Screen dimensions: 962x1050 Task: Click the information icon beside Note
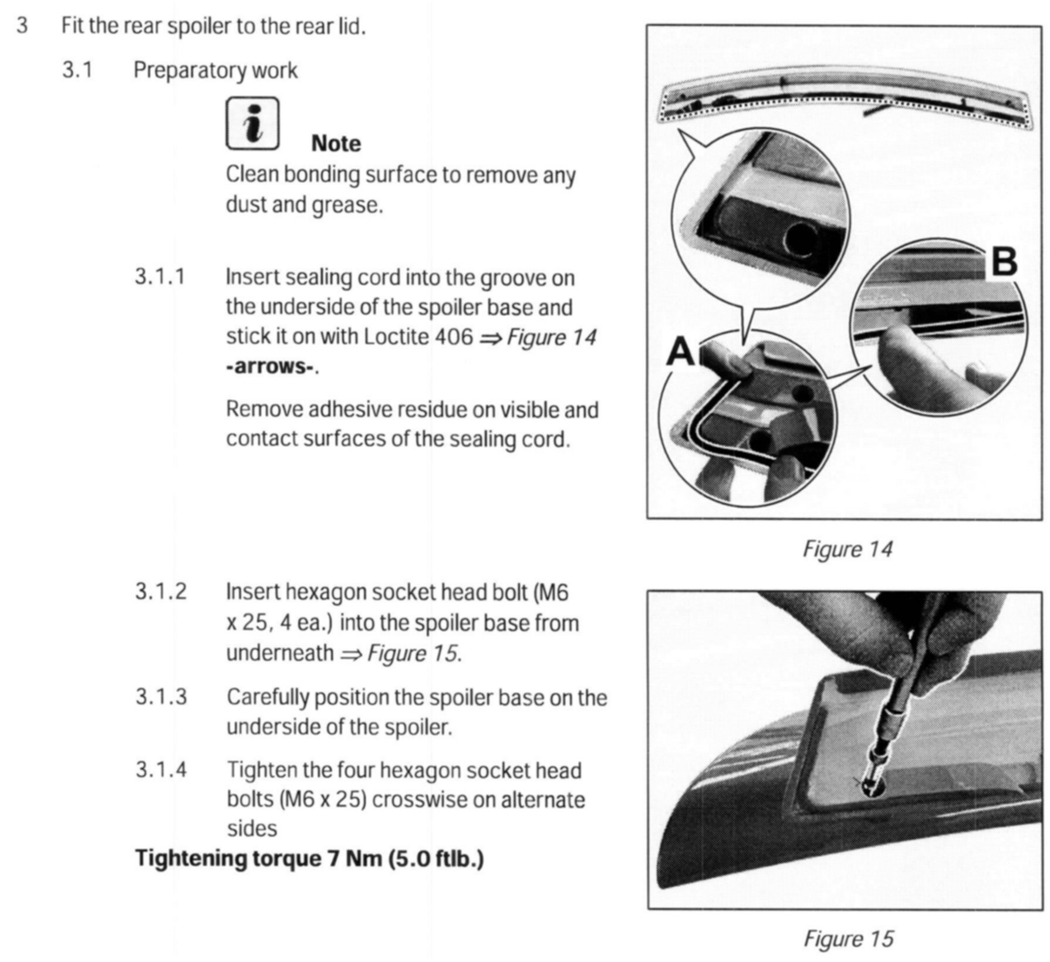(x=252, y=123)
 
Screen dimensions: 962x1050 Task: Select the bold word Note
(x=336, y=144)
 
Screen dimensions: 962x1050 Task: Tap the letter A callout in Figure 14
(x=681, y=352)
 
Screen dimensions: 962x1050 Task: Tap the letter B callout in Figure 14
(x=1004, y=261)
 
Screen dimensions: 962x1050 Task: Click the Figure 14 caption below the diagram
(x=847, y=549)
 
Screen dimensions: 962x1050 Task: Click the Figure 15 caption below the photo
(x=848, y=938)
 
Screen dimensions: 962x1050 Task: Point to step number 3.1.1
(x=160, y=276)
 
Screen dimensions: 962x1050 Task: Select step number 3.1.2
(x=161, y=591)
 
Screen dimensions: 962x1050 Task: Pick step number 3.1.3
(x=161, y=697)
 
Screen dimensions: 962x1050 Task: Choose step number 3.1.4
(x=161, y=769)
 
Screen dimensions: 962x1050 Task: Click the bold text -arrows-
(x=271, y=366)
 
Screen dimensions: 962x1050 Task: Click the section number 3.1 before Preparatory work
(x=77, y=70)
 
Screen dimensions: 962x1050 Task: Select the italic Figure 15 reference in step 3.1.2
(x=412, y=653)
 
